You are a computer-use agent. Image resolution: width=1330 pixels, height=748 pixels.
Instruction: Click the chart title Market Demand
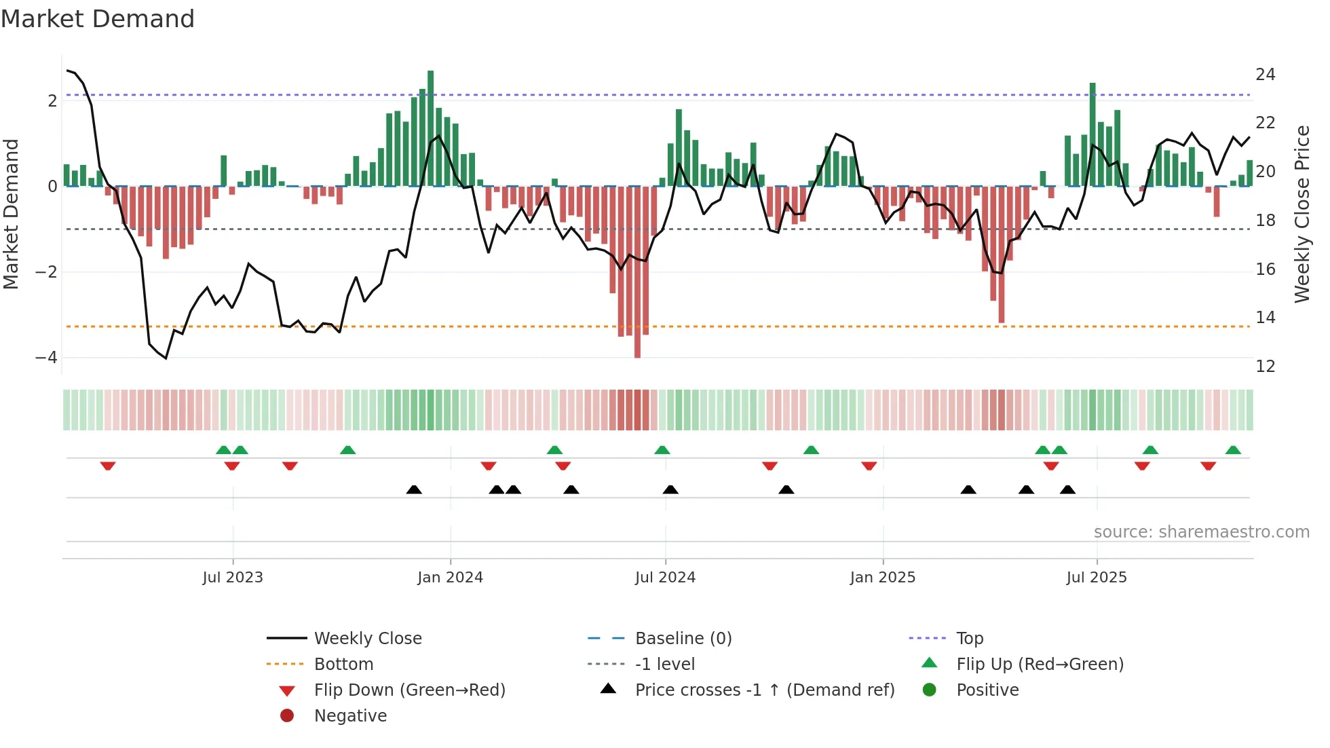(98, 19)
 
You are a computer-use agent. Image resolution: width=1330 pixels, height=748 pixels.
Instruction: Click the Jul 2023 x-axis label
(232, 578)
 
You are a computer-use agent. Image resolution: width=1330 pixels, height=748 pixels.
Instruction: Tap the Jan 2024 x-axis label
(450, 578)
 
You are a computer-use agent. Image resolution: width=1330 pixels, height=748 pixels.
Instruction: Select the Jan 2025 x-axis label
(882, 578)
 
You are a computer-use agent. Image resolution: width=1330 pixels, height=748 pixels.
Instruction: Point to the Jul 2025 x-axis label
(1096, 578)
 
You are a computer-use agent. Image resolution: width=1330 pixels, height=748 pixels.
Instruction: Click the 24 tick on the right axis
(1265, 74)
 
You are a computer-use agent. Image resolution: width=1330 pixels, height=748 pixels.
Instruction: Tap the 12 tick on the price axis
(1265, 367)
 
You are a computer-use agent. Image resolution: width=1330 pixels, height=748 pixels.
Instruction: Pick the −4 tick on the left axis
(46, 358)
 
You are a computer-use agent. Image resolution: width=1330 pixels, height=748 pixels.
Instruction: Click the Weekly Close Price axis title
(1301, 214)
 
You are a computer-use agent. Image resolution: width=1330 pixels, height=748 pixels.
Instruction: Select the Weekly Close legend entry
(367, 639)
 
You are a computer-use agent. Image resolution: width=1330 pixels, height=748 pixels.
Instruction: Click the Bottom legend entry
(343, 665)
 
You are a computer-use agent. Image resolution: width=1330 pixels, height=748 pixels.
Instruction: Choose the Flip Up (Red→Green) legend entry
(1040, 665)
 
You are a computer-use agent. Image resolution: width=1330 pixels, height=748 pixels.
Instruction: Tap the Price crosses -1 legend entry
(764, 690)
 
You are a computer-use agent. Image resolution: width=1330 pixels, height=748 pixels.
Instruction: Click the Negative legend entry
(350, 716)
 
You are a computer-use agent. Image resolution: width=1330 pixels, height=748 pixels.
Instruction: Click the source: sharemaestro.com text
(1201, 532)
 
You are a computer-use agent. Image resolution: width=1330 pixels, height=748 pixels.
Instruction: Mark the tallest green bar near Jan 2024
(430, 129)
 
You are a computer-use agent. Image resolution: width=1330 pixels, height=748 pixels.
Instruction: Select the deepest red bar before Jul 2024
(637, 272)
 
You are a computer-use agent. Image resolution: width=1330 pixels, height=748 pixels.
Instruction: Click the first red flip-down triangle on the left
(108, 466)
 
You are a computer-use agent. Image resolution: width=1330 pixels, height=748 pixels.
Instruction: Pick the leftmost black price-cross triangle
(414, 489)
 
